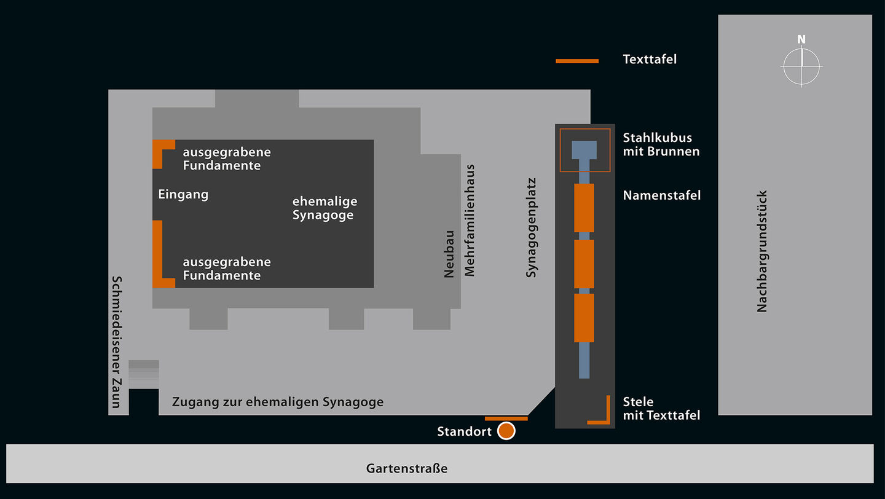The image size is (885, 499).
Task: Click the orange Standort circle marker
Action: point(506,431)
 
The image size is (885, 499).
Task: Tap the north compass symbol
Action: point(801,65)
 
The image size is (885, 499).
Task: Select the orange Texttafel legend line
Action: point(576,61)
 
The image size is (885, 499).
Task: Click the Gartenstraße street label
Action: point(407,468)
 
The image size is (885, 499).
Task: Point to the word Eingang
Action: point(183,195)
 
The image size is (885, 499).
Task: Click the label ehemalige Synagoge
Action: point(324,208)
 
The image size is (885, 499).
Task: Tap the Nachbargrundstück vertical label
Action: point(762,251)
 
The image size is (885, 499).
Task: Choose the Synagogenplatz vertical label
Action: point(532,227)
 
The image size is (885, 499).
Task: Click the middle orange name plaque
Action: point(584,264)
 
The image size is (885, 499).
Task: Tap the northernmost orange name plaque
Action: point(584,208)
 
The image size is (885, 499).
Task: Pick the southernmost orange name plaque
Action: point(584,318)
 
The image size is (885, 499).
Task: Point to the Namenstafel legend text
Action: point(662,195)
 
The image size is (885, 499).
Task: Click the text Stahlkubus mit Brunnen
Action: point(661,144)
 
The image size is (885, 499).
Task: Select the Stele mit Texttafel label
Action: point(661,409)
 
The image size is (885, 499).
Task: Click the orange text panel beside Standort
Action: point(506,418)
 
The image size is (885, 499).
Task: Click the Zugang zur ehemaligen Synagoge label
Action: point(278,402)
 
